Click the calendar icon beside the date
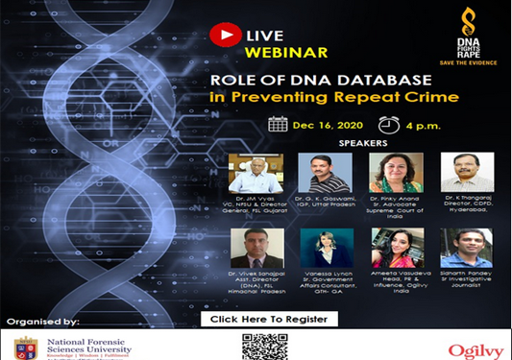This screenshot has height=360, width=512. click(x=278, y=124)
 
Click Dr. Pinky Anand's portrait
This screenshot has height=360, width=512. click(x=396, y=172)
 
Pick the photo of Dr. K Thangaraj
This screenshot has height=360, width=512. click(x=467, y=172)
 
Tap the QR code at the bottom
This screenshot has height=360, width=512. click(x=265, y=347)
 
